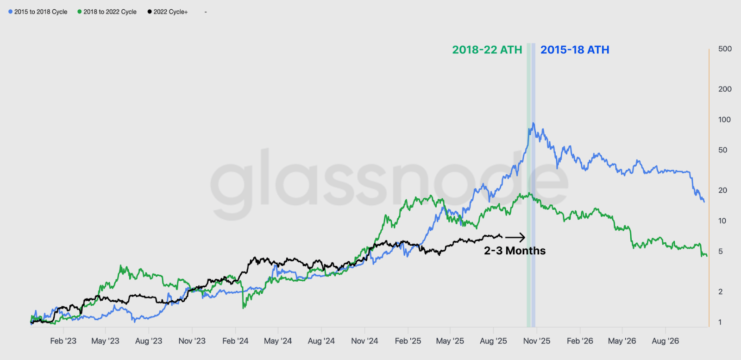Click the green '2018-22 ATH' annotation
(487, 50)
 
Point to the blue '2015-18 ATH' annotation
(575, 50)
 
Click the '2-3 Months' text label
(515, 251)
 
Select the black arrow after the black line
(515, 237)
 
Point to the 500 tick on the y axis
(725, 49)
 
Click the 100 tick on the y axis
(724, 120)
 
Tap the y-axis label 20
(722, 190)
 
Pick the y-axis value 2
(720, 291)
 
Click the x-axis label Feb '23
(63, 341)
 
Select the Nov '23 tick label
(192, 341)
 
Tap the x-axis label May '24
(278, 341)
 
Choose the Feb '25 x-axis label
(408, 341)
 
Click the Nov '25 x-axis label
(537, 341)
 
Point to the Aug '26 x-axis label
(665, 341)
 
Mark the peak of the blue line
(534, 123)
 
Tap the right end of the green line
(707, 256)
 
